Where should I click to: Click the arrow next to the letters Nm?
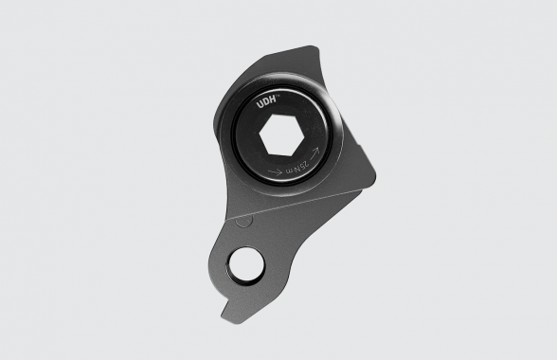[312, 153]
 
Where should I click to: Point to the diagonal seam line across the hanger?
[303, 203]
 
